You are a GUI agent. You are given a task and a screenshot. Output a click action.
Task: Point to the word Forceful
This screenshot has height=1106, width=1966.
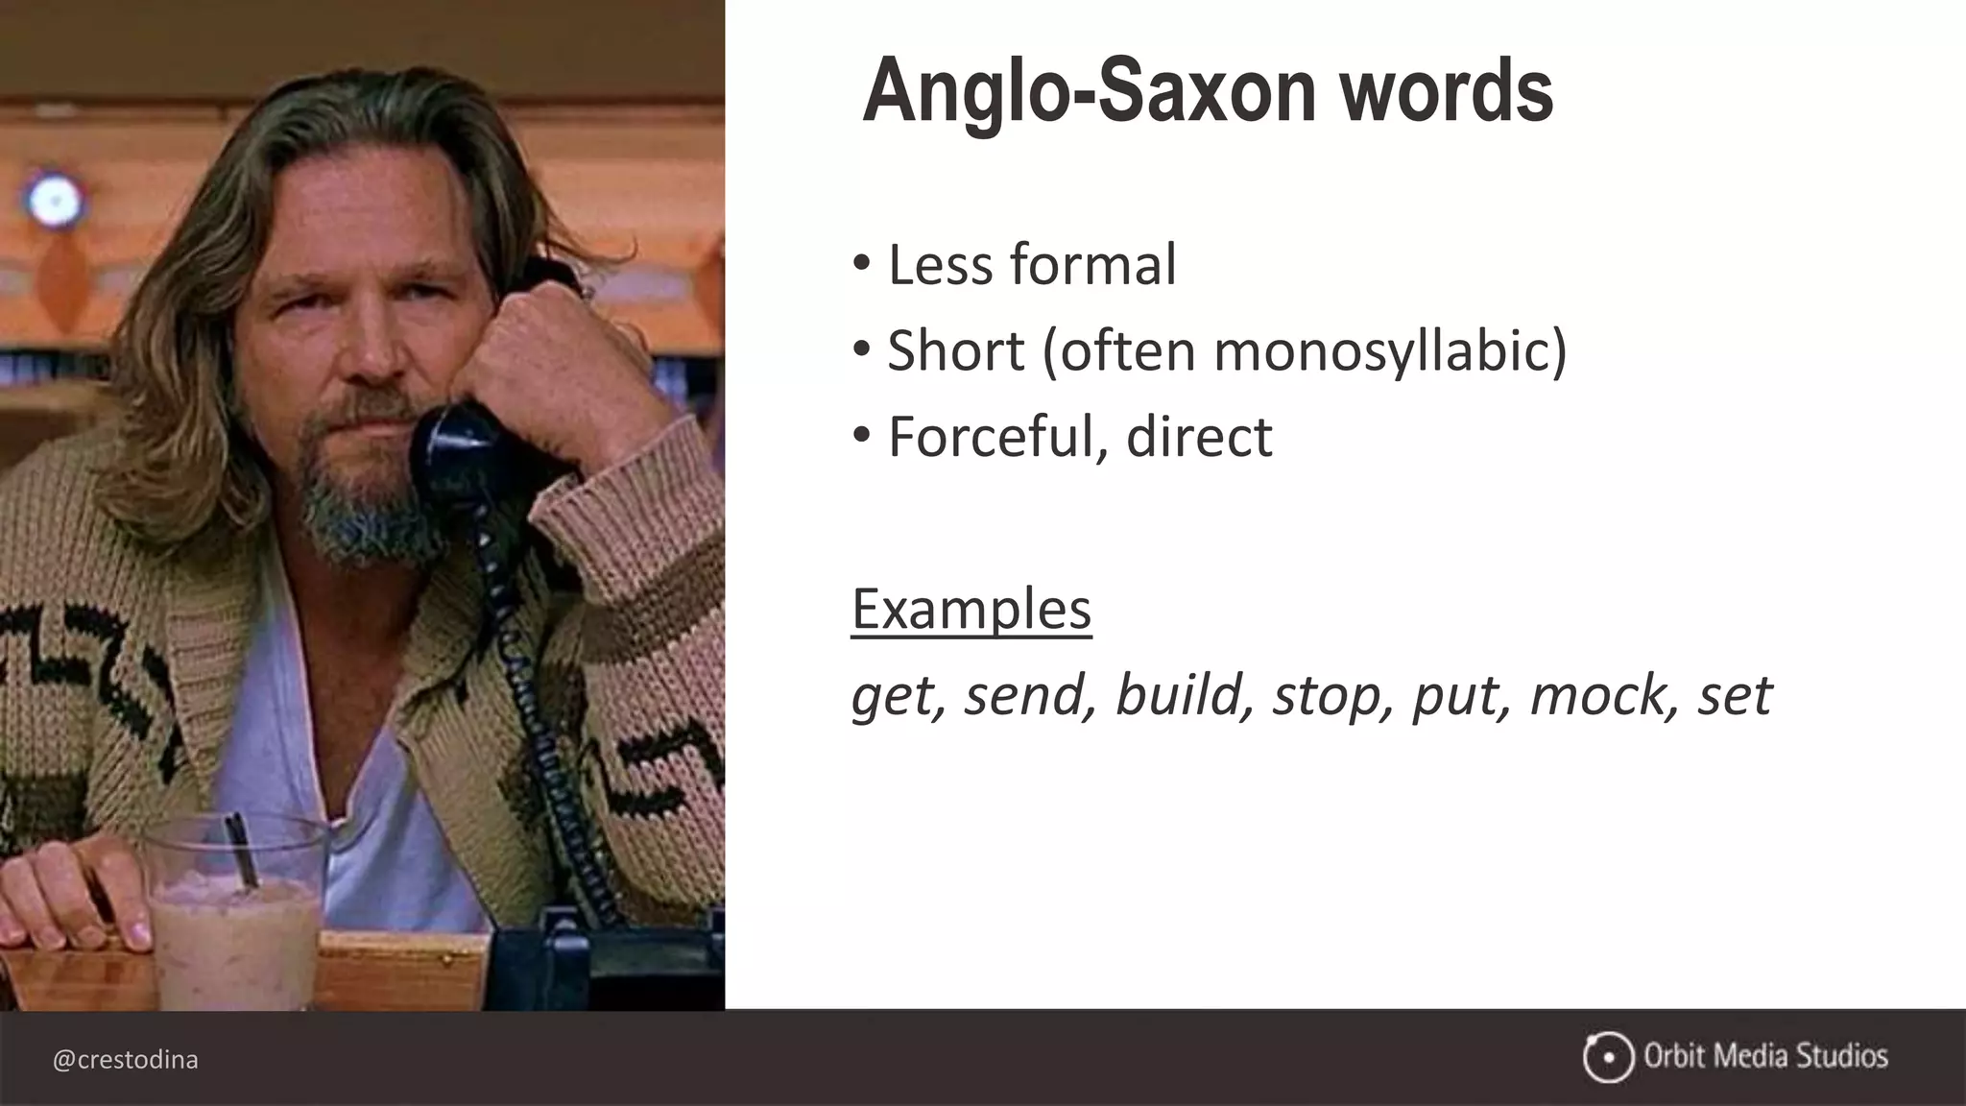997,437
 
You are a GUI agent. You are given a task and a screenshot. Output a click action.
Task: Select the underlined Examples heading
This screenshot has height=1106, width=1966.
971,609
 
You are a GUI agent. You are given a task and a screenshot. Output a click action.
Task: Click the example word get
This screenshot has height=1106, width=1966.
892,696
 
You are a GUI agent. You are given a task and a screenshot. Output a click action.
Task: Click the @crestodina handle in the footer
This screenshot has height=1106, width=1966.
126,1060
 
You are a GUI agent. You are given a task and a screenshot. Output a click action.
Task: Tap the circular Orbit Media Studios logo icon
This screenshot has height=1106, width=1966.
1608,1058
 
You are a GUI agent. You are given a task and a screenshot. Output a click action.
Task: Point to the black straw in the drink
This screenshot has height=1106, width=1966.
242,849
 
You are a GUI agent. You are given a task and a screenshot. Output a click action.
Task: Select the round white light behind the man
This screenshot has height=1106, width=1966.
53,200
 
